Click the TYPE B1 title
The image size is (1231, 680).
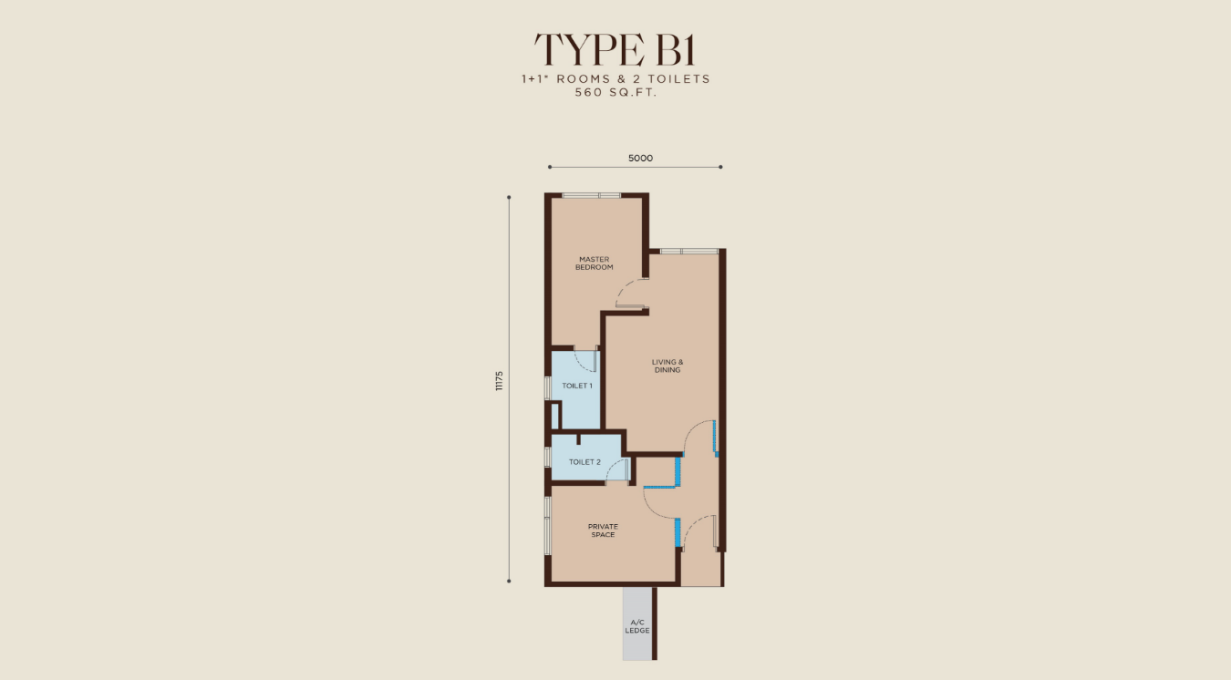[615, 49]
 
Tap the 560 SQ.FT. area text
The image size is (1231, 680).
[616, 92]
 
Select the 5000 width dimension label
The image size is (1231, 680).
[640, 159]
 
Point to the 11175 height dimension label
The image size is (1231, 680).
[499, 381]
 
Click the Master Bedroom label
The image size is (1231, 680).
[594, 263]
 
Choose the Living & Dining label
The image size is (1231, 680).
[667, 366]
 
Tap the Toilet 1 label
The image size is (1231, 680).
[577, 386]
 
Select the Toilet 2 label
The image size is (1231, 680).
[584, 462]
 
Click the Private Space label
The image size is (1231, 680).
[603, 531]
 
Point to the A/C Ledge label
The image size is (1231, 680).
[637, 627]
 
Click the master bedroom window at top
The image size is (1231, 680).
[591, 195]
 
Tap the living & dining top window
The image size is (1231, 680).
[689, 251]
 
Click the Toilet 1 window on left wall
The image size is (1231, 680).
[547, 387]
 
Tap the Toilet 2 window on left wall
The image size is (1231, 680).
[547, 457]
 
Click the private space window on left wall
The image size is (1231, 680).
[547, 526]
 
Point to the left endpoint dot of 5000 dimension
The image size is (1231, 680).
[550, 167]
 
